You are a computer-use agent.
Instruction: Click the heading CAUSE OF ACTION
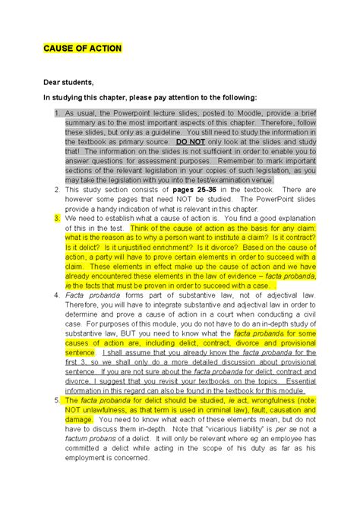[x=82, y=49]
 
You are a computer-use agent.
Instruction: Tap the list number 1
[x=57, y=112]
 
